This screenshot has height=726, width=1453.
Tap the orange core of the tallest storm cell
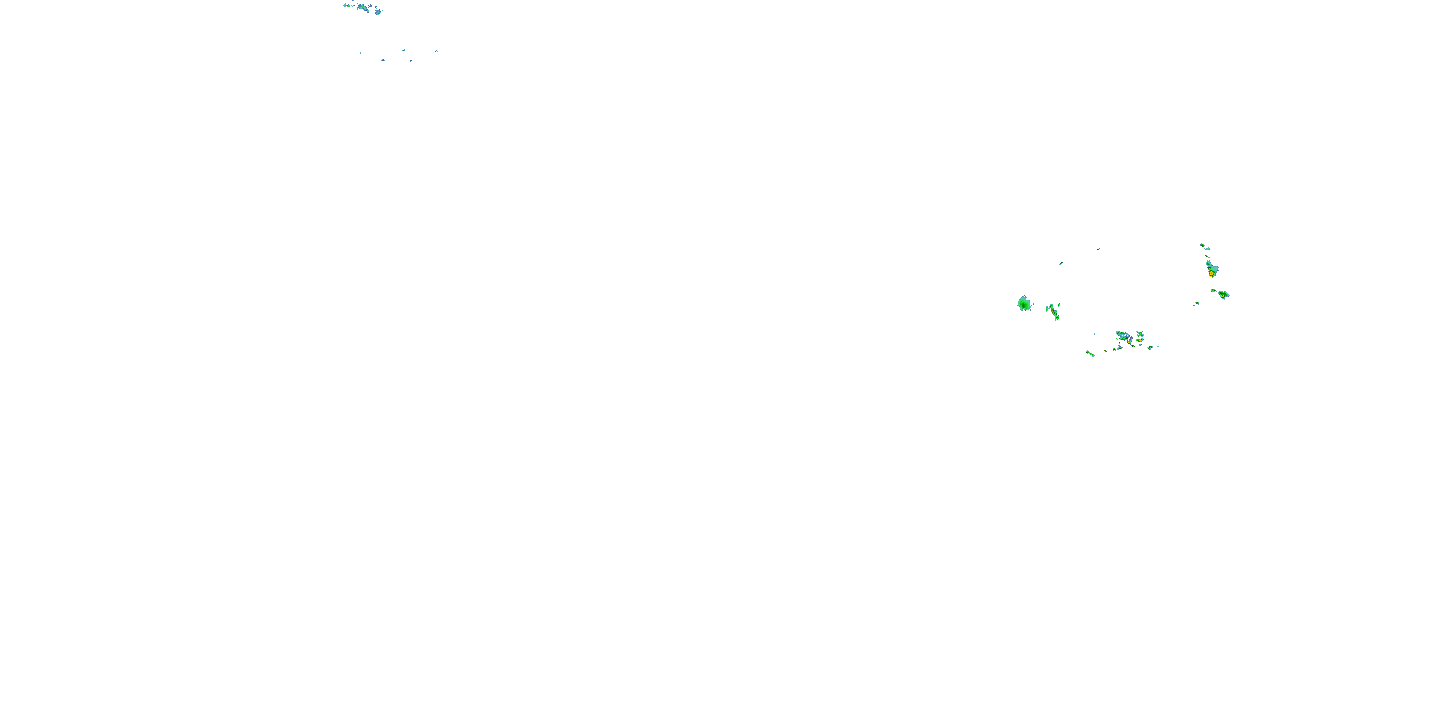(x=1212, y=273)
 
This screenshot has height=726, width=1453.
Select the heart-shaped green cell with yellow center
(x=1223, y=294)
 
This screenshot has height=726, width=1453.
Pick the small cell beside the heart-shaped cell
(x=1213, y=290)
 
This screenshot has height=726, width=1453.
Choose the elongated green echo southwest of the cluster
(x=1090, y=353)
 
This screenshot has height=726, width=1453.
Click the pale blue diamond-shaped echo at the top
(x=377, y=11)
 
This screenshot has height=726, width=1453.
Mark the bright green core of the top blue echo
(x=364, y=7)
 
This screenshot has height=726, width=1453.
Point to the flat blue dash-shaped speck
(x=404, y=50)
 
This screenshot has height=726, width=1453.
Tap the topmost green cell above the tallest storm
(x=1202, y=245)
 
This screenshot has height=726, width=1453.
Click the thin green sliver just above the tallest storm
(x=1206, y=256)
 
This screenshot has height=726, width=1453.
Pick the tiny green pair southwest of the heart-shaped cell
(x=1196, y=304)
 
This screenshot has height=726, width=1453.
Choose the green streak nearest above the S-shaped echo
(x=1061, y=263)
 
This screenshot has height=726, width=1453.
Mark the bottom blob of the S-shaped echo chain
(x=1056, y=318)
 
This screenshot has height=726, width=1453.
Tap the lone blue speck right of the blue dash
(x=436, y=51)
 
